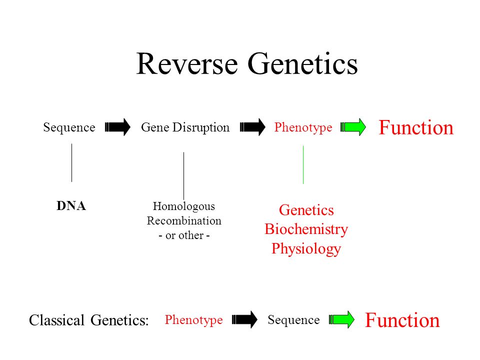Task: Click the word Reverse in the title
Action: (187, 63)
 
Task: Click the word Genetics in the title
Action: (302, 63)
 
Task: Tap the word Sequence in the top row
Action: (69, 127)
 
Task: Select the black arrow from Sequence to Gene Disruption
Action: (117, 126)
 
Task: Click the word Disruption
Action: (201, 127)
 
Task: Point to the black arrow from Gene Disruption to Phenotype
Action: (252, 126)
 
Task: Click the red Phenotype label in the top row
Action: (303, 127)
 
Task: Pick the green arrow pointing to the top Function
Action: (353, 126)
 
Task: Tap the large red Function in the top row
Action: (416, 127)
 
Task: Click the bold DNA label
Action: (71, 205)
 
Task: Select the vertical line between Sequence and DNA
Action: (71, 163)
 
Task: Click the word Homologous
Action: (183, 206)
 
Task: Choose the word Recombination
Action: (184, 220)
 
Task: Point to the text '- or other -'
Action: (184, 235)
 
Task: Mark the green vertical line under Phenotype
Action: (303, 164)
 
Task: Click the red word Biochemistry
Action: (306, 229)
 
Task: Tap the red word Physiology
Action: (306, 248)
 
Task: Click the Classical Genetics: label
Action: (89, 320)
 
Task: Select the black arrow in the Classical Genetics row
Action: (244, 319)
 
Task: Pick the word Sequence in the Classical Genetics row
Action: (293, 320)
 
